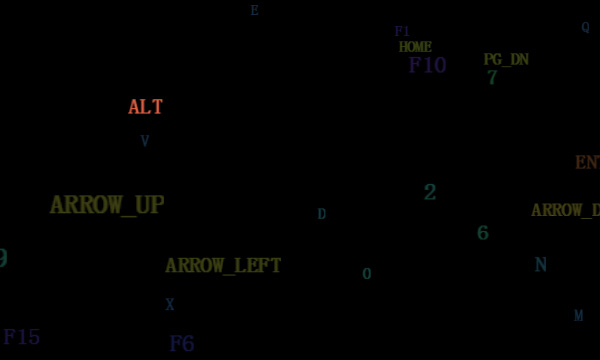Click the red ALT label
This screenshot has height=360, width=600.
[145, 107]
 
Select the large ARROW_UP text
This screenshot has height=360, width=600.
[107, 205]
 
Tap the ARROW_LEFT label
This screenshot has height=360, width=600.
[223, 266]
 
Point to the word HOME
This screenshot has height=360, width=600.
[415, 47]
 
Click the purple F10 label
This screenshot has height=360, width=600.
[427, 66]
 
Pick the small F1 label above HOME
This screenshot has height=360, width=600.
[402, 32]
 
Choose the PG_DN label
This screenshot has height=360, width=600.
[506, 60]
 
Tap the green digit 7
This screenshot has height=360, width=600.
[492, 78]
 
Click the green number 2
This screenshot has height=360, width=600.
[430, 193]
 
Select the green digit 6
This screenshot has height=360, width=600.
[483, 234]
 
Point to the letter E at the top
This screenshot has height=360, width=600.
[254, 11]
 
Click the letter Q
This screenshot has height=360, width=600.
[585, 28]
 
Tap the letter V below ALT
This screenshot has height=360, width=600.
[145, 141]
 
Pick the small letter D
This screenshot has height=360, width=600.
[322, 214]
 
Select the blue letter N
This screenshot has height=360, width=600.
[541, 265]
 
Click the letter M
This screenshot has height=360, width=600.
[578, 316]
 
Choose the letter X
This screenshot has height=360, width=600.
[170, 305]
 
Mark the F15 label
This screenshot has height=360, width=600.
[22, 338]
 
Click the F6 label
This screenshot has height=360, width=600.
[181, 344]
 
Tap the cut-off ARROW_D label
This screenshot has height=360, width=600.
[566, 211]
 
